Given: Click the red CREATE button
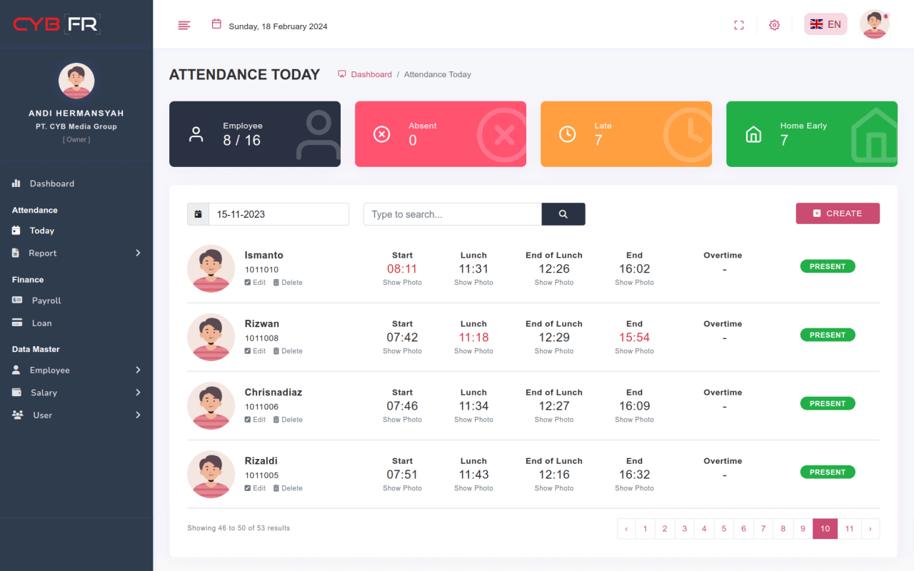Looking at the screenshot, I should tap(838, 213).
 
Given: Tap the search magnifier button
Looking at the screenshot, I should tap(563, 214).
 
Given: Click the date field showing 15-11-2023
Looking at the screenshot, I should tap(278, 214).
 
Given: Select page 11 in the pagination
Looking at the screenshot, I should tap(849, 529).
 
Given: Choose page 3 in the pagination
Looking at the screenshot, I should tap(684, 529).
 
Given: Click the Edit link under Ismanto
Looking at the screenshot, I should tap(255, 283).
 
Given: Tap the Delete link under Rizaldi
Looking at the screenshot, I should tap(288, 488).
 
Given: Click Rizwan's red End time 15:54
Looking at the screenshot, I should tap(634, 338).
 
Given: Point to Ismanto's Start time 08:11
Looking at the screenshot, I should tap(402, 269).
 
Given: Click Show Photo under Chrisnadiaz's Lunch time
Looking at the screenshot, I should tap(473, 420).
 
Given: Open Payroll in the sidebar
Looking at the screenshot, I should tap(46, 300).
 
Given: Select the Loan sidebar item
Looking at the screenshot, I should tap(41, 323).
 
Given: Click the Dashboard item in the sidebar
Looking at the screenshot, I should tap(51, 183).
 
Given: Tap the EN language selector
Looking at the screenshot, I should tap(825, 24).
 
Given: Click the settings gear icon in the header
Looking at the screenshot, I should tap(774, 25).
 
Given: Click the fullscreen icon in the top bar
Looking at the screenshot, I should tap(739, 25).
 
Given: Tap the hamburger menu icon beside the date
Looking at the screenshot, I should tap(184, 25).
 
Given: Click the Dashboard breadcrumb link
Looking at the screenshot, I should tap(371, 74).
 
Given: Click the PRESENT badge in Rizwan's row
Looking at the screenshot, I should tap(828, 335).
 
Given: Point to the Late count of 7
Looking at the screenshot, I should tap(598, 141).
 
